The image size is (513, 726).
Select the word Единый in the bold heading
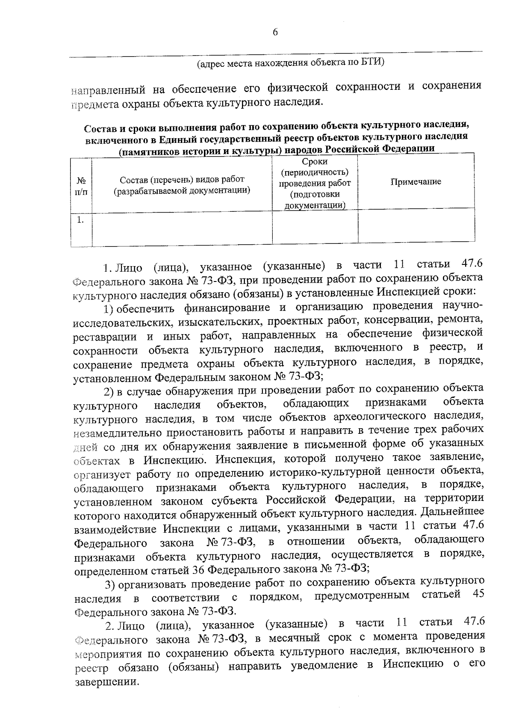179,138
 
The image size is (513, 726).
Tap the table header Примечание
416,182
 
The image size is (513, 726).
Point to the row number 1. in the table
80,220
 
